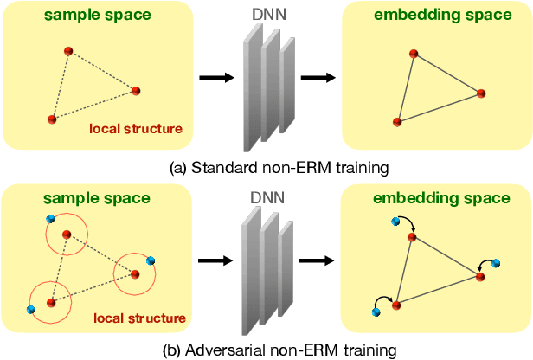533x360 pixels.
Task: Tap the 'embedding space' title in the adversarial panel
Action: click(441, 198)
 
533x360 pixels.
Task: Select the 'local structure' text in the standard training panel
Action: click(135, 130)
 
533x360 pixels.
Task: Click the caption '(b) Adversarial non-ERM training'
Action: click(266, 350)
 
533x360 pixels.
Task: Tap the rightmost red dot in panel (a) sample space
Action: click(135, 90)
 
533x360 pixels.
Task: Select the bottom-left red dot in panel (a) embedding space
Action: click(397, 122)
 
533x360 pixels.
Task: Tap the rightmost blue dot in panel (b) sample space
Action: click(151, 260)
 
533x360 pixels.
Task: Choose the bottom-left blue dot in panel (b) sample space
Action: click(30, 309)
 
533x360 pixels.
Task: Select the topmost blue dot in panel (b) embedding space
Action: click(395, 222)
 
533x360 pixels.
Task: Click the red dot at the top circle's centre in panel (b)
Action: click(67, 234)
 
